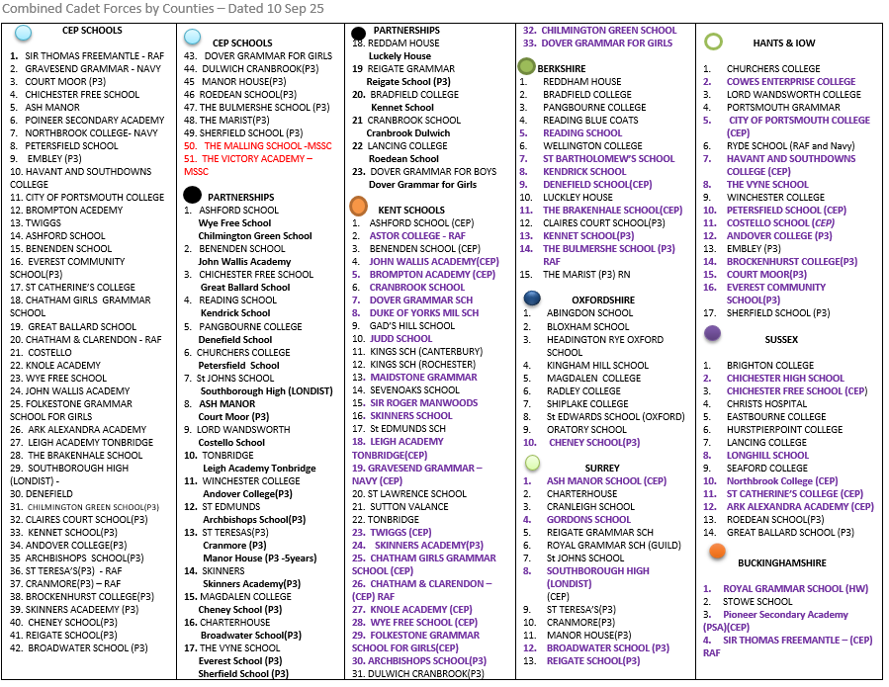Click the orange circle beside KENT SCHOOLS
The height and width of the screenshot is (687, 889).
pyautogui.click(x=359, y=207)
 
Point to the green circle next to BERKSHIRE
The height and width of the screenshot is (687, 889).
pyautogui.click(x=527, y=66)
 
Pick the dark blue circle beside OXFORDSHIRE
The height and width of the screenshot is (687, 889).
pyautogui.click(x=533, y=298)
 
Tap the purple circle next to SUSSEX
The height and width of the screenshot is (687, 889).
pyautogui.click(x=712, y=334)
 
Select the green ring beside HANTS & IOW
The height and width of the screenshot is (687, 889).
pyautogui.click(x=713, y=43)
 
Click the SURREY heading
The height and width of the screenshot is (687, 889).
pyautogui.click(x=602, y=468)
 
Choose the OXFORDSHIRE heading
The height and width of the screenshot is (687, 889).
pyautogui.click(x=602, y=301)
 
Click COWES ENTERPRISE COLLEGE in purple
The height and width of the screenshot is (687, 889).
pyautogui.click(x=791, y=82)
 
